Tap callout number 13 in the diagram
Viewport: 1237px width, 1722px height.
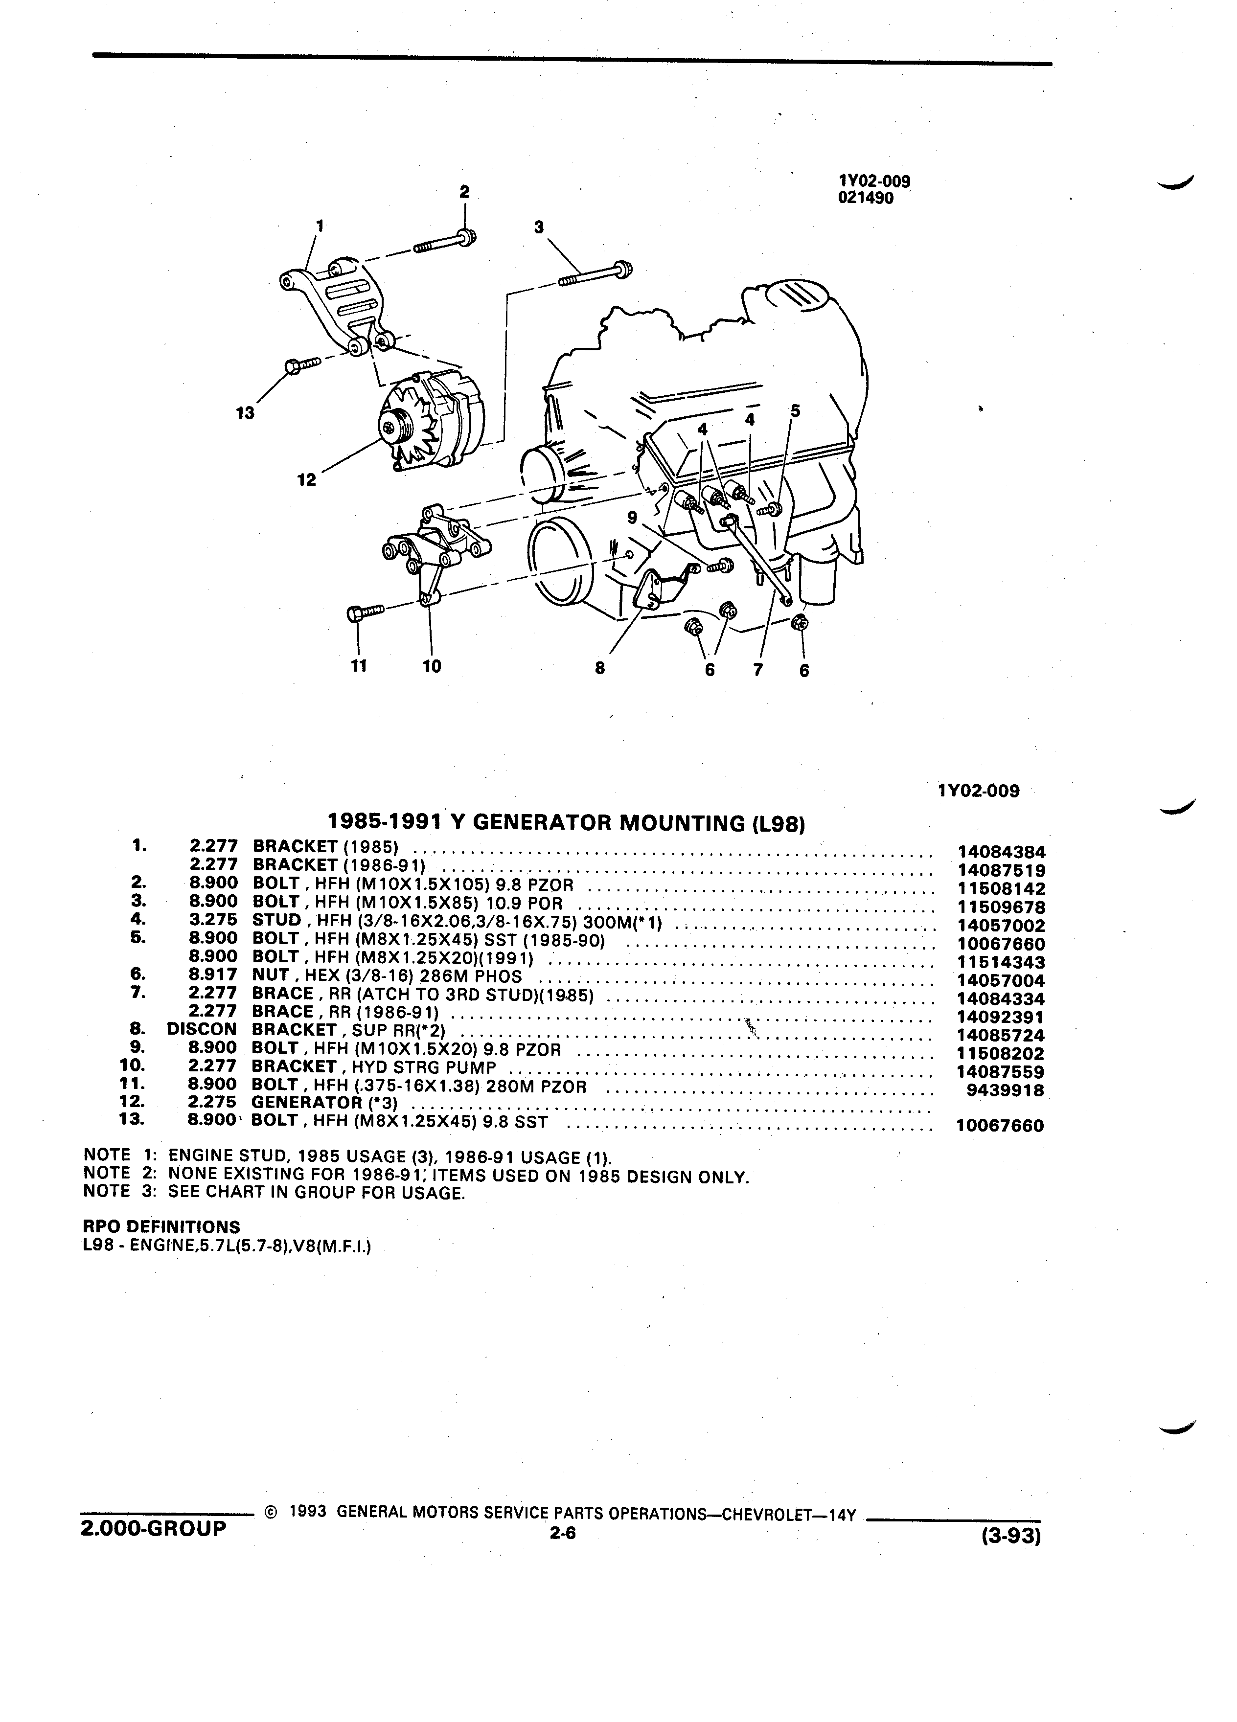(245, 414)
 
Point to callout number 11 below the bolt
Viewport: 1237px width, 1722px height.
(358, 666)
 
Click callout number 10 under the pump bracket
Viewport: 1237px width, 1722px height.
(431, 666)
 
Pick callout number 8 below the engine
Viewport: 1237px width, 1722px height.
(600, 669)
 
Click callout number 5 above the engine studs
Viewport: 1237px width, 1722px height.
(795, 411)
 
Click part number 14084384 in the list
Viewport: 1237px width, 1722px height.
(1001, 853)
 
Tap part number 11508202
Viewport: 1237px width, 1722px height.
(1001, 1054)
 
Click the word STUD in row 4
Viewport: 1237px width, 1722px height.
(276, 920)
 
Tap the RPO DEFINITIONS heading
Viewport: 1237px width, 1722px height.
(161, 1226)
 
